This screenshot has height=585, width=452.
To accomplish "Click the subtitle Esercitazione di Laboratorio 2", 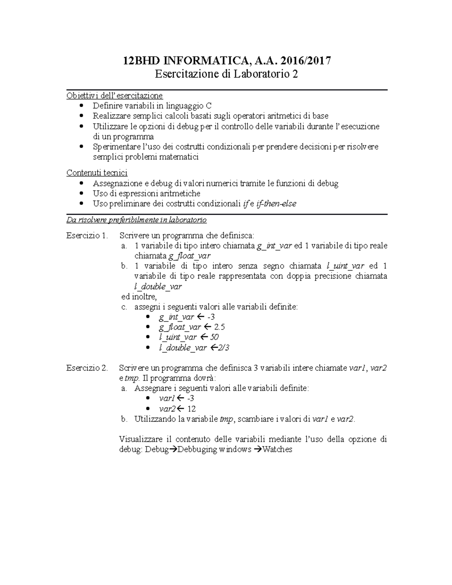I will coord(226,74).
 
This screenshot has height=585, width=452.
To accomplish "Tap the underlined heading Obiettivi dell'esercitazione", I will coord(115,96).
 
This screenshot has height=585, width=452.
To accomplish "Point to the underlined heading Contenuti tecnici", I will coord(97,173).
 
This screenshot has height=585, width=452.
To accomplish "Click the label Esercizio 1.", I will coord(87,236).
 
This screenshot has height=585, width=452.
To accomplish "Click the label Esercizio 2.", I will coord(87,368).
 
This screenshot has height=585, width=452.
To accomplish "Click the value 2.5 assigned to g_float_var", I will coord(219,327).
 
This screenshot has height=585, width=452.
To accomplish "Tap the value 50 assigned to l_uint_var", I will coord(214,337).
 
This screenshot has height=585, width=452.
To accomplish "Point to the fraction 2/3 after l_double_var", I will coord(223,348).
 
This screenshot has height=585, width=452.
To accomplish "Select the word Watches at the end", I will coord(277,449).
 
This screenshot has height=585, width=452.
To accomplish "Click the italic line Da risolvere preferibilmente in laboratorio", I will coord(136,220).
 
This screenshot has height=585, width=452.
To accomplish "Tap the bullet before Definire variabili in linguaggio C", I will coord(82,106).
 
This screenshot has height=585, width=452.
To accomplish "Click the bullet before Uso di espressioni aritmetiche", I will coord(82,194).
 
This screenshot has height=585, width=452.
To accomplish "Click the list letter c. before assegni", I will coord(124,307).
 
